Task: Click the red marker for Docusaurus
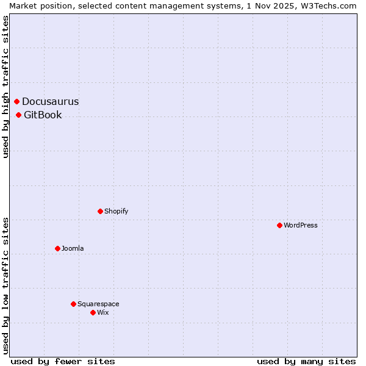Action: click(x=17, y=101)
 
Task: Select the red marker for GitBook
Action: click(x=19, y=115)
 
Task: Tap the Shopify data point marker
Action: click(x=100, y=211)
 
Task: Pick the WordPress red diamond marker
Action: click(x=279, y=225)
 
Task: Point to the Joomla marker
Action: click(x=57, y=248)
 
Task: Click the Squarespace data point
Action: click(x=73, y=304)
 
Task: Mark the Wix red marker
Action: click(x=93, y=312)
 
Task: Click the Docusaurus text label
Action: click(x=51, y=102)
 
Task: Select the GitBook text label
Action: click(x=43, y=115)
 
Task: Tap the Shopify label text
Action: click(x=116, y=212)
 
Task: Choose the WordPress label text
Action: click(x=301, y=226)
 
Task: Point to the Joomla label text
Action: click(x=73, y=249)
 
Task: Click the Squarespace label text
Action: click(x=98, y=304)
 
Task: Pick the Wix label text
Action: click(x=102, y=313)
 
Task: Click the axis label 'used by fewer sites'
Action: click(x=63, y=361)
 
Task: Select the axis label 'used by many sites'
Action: click(x=306, y=361)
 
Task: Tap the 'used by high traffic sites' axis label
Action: click(x=5, y=87)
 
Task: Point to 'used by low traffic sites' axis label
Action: click(x=5, y=285)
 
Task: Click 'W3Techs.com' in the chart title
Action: click(x=332, y=5)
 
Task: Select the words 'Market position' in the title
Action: click(x=36, y=5)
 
